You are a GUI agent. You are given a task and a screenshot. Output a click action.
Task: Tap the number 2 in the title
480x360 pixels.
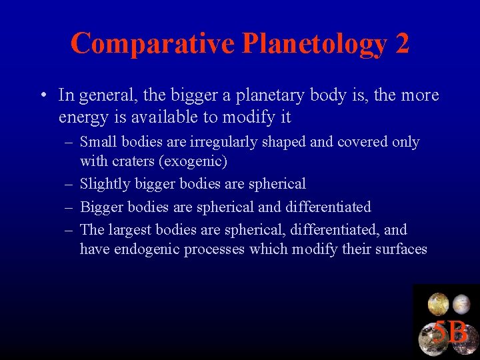[402, 43]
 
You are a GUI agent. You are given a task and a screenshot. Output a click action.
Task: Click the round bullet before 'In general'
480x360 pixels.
[43, 95]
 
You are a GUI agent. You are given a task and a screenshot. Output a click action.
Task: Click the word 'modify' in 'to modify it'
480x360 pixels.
[252, 117]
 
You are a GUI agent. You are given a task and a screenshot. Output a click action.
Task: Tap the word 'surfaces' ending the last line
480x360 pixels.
[400, 249]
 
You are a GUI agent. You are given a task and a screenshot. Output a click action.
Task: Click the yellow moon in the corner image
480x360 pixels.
[438, 304]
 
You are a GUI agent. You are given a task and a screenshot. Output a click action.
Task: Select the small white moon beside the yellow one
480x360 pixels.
[461, 305]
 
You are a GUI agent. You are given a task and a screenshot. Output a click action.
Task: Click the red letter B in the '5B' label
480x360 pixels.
[458, 332]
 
